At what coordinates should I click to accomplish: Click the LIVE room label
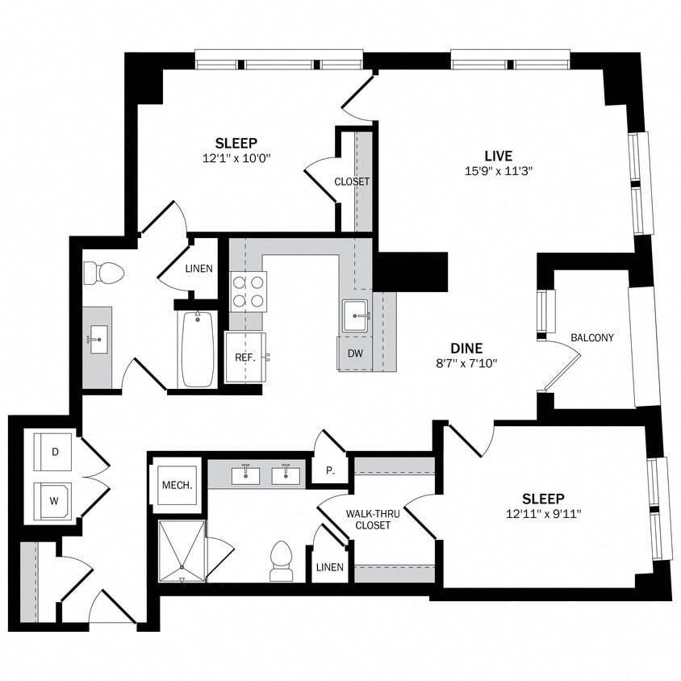coord(498,155)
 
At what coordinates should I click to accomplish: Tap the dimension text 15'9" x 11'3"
coord(498,170)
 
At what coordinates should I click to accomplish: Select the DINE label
coord(466,348)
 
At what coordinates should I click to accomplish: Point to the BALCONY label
coord(591,337)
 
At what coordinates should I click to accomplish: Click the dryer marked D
coord(55,453)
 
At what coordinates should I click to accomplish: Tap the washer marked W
coord(55,500)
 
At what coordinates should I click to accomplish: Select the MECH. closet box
coord(177,485)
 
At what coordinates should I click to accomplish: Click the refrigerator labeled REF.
coord(245,357)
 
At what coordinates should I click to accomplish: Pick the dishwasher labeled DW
coord(355,353)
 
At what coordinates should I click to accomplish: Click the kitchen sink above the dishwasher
coord(356,315)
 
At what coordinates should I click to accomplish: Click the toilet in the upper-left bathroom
coord(104,274)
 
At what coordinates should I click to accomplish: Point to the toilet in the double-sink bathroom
coord(281,560)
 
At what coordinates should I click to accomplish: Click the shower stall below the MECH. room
coord(182,551)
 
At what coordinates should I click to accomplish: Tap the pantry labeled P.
coord(331,470)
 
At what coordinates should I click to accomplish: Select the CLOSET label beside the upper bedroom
coord(352,182)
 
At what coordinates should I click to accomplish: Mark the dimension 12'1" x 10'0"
coord(236,159)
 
